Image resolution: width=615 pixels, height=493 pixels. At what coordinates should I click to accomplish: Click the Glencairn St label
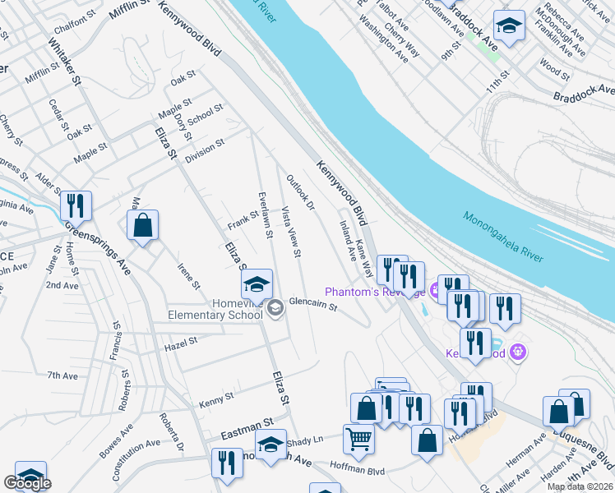[313, 305]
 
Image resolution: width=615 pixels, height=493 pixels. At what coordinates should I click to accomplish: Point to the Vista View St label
[292, 230]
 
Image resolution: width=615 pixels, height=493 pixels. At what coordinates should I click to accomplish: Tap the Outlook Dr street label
[300, 191]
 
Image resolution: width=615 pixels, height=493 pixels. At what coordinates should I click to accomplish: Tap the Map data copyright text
[580, 486]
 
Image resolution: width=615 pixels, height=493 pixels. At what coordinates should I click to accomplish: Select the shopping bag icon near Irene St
[143, 225]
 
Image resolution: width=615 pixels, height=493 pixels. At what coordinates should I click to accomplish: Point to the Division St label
[205, 150]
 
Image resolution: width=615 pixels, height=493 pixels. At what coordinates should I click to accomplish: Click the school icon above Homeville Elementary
[257, 284]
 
